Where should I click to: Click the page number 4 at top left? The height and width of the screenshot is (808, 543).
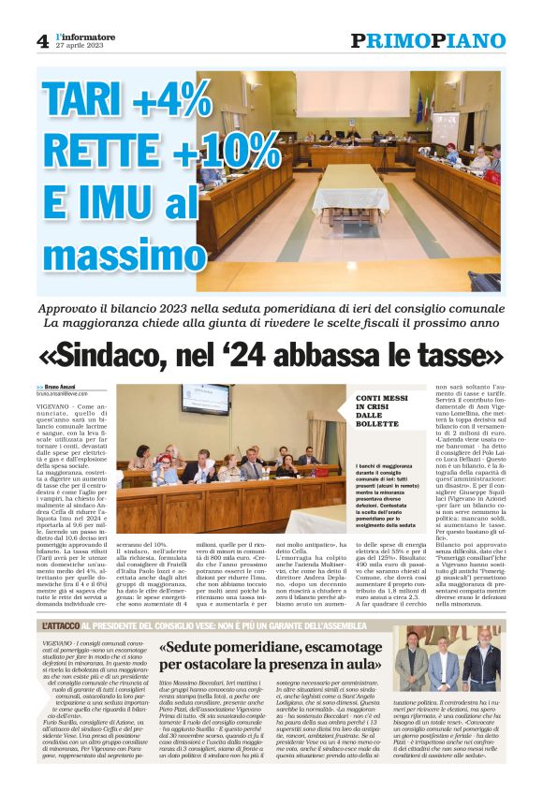coord(41,40)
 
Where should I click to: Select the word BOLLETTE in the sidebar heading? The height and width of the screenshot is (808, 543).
coord(375,424)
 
